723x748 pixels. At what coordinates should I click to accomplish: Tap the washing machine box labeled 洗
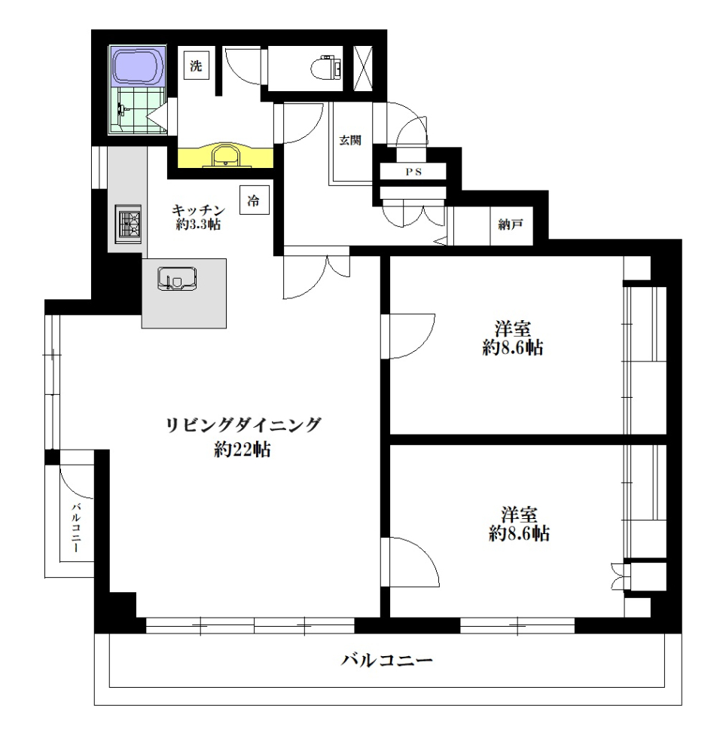click(196, 66)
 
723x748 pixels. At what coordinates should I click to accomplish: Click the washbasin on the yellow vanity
click(224, 156)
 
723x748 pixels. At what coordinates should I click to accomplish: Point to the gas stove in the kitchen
click(128, 224)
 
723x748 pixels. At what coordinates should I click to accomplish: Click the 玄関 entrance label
click(350, 141)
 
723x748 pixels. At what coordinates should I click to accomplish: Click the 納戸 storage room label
click(511, 224)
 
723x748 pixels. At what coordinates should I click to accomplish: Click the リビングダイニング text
click(243, 425)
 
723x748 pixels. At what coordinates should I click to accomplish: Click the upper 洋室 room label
click(514, 329)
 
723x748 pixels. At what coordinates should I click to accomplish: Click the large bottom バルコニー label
click(386, 661)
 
